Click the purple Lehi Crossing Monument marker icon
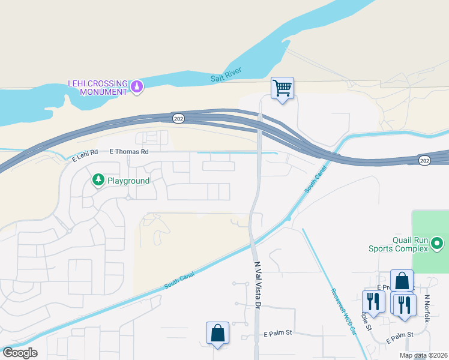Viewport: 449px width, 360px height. tap(137, 87)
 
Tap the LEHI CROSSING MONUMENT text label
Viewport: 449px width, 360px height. tap(97, 87)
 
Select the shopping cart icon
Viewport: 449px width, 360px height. tap(282, 88)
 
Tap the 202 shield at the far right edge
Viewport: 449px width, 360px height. tap(424, 160)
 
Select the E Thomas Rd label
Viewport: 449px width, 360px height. tap(128, 152)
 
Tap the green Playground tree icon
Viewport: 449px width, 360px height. tap(97, 179)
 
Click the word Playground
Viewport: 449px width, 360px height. tap(128, 180)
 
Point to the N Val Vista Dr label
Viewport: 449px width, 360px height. tap(258, 284)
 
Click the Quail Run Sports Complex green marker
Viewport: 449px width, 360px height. tap(437, 244)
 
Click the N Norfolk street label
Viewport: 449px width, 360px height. tap(427, 308)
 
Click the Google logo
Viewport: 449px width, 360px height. tap(19, 353)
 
